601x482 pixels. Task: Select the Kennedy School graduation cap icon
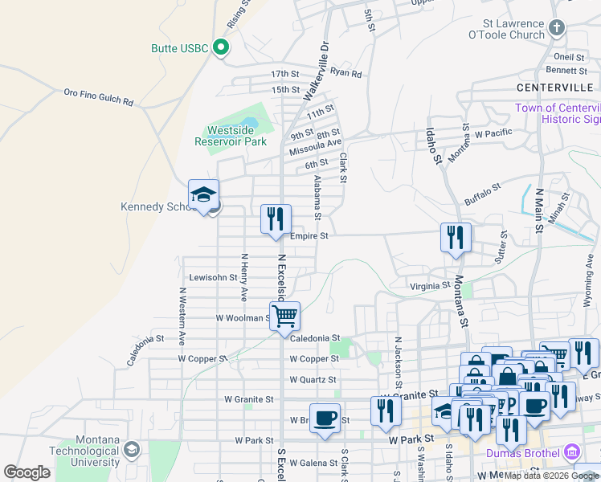[204, 195]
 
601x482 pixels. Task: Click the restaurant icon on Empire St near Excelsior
[276, 219]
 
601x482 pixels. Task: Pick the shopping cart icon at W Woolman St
[284, 316]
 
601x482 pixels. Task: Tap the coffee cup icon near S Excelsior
[325, 418]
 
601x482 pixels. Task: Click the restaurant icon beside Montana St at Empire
[456, 237]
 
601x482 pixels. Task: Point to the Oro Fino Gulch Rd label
[99, 98]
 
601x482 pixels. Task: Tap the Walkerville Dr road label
[316, 72]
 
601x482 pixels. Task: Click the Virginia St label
[430, 285]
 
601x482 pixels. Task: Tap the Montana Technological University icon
[131, 450]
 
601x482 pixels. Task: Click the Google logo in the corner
[27, 472]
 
